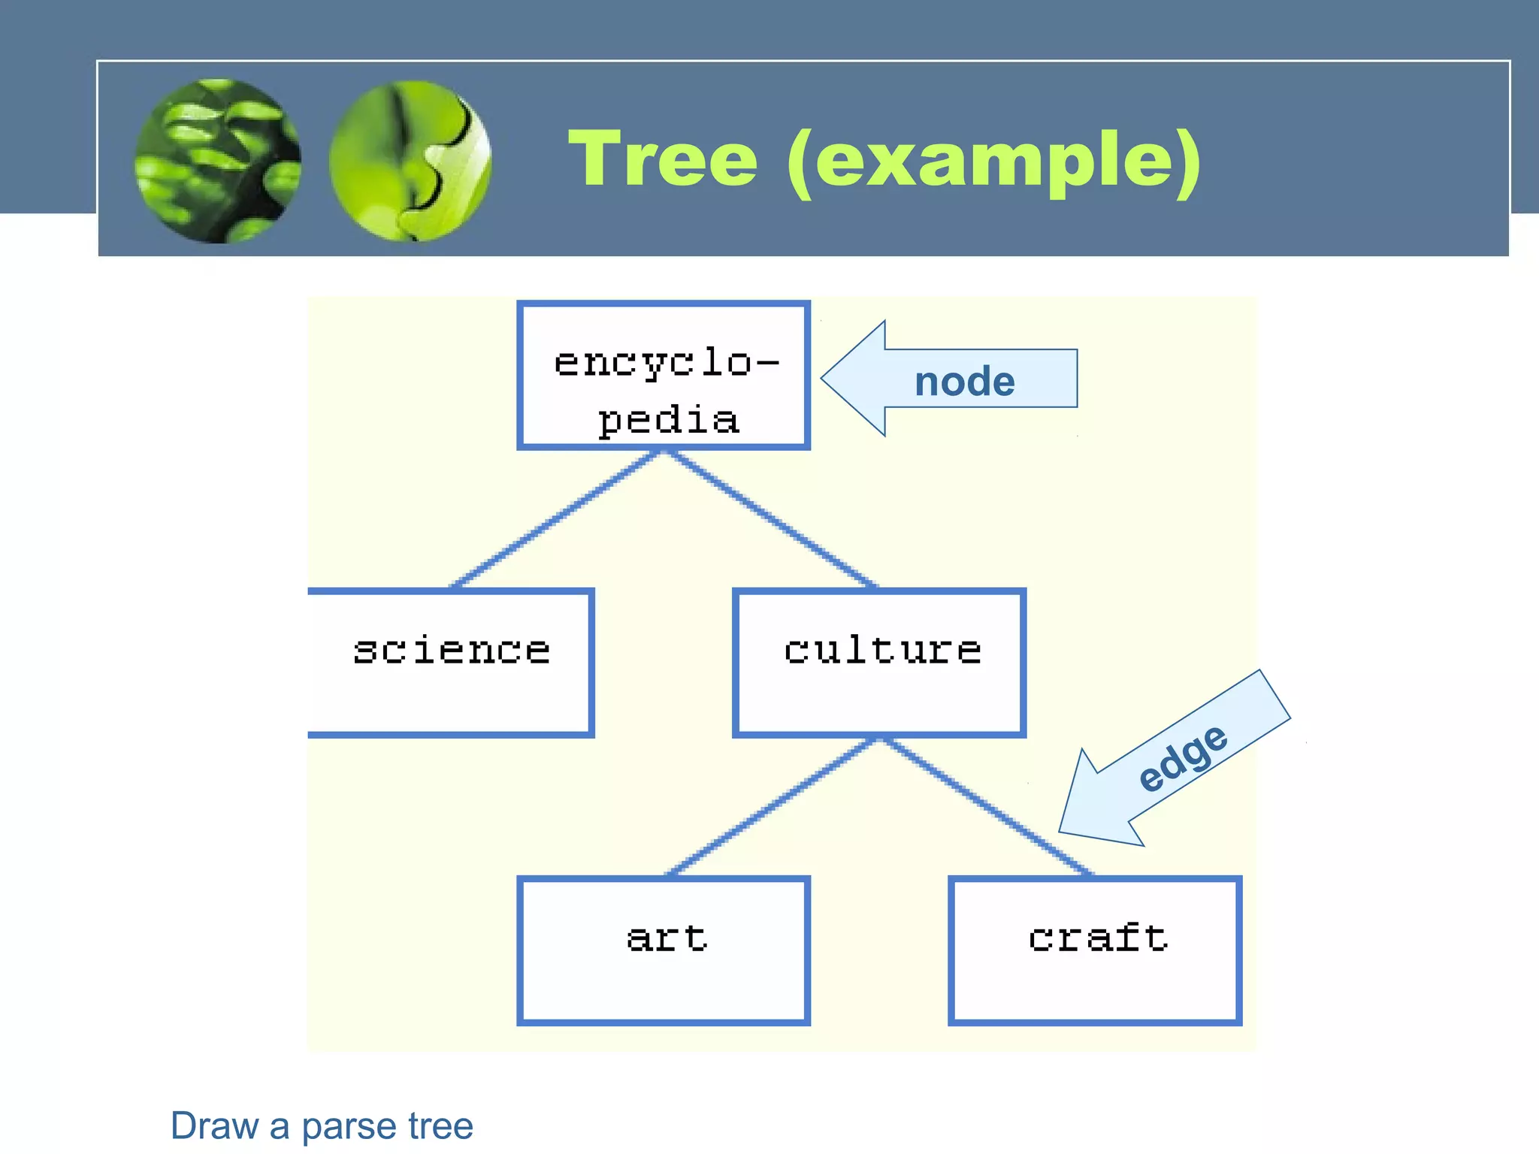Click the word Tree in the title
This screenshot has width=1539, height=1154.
click(x=663, y=159)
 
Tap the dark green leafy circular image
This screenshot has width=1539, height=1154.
click(x=218, y=161)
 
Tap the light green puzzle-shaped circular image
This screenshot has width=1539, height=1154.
click(x=410, y=161)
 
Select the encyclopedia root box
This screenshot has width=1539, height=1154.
click(x=664, y=376)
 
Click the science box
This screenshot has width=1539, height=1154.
click(x=451, y=663)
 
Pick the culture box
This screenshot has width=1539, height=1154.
click(x=879, y=663)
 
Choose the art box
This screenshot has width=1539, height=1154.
click(x=664, y=950)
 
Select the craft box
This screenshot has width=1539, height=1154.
click(x=1095, y=950)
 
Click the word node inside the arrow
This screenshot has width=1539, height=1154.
click(x=964, y=382)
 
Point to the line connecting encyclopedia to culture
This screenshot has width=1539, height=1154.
click(x=771, y=518)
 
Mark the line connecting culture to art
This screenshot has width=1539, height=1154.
click(x=771, y=807)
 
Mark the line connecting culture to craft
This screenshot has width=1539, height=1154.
click(x=986, y=807)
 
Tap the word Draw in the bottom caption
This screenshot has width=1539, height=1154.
click(x=214, y=1125)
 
